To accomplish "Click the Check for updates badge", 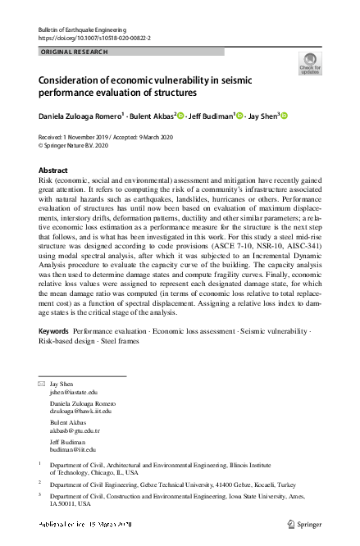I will click(x=310, y=63).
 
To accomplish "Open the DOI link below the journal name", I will click(x=94, y=38).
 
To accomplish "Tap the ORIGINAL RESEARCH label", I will click(x=71, y=52).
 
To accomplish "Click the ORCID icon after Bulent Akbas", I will click(x=180, y=116).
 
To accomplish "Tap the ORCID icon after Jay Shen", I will click(x=285, y=116).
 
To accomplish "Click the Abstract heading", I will click(x=54, y=170).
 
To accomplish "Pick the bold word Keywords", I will click(x=54, y=330).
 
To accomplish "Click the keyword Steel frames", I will click(x=121, y=340).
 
